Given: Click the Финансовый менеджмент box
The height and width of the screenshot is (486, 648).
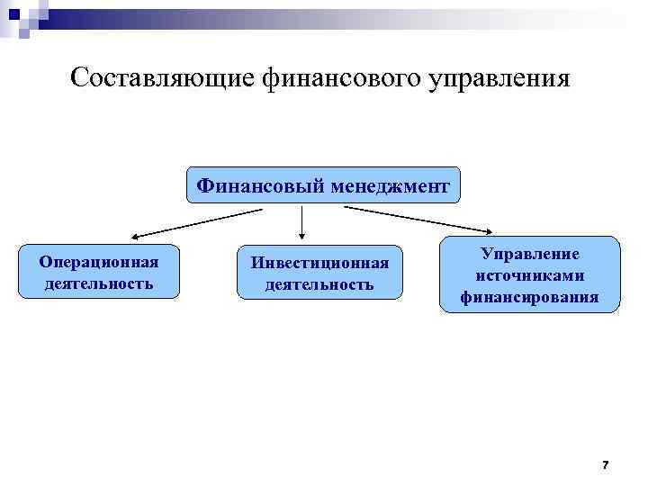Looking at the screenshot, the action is (323, 186).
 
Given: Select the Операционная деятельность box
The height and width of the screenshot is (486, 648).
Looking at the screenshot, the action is (99, 271).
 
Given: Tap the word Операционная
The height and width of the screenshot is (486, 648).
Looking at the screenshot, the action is (99, 262).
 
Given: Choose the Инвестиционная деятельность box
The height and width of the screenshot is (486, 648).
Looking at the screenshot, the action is (319, 273).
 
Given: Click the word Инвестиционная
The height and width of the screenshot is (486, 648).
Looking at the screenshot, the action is (319, 263).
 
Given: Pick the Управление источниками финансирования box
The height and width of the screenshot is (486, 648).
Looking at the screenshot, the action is (529, 274).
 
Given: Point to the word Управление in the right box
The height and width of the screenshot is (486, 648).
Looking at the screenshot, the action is (530, 255).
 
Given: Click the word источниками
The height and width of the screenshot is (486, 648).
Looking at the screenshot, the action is (530, 274).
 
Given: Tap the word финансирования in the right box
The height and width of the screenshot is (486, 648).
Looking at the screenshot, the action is (530, 295).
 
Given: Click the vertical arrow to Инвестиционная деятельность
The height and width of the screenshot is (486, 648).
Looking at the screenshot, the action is (301, 222).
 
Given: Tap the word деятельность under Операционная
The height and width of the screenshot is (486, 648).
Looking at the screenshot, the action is (99, 283).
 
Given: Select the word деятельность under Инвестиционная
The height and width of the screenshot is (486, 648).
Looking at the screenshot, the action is (319, 284).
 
